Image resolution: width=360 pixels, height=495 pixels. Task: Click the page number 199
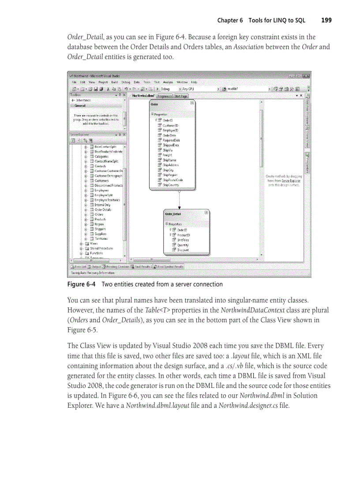[326, 20]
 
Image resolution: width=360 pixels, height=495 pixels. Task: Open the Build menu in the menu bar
[114, 82]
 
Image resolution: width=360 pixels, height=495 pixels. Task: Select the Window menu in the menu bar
[182, 82]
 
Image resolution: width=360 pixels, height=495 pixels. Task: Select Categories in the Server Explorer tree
[101, 156]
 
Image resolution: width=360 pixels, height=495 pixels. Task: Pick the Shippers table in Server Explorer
[100, 229]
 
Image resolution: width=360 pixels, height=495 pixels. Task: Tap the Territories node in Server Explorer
[101, 239]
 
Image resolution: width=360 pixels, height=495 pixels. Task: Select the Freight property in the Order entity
[167, 155]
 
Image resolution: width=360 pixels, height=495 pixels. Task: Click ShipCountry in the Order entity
[171, 185]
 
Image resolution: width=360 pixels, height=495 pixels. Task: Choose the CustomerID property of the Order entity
[170, 125]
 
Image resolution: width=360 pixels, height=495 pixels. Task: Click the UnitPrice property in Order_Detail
[183, 240]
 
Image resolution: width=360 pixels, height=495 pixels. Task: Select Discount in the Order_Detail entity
[183, 250]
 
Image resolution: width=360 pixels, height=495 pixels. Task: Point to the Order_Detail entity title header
[173, 214]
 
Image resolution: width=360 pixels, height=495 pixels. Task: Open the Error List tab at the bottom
[79, 267]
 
